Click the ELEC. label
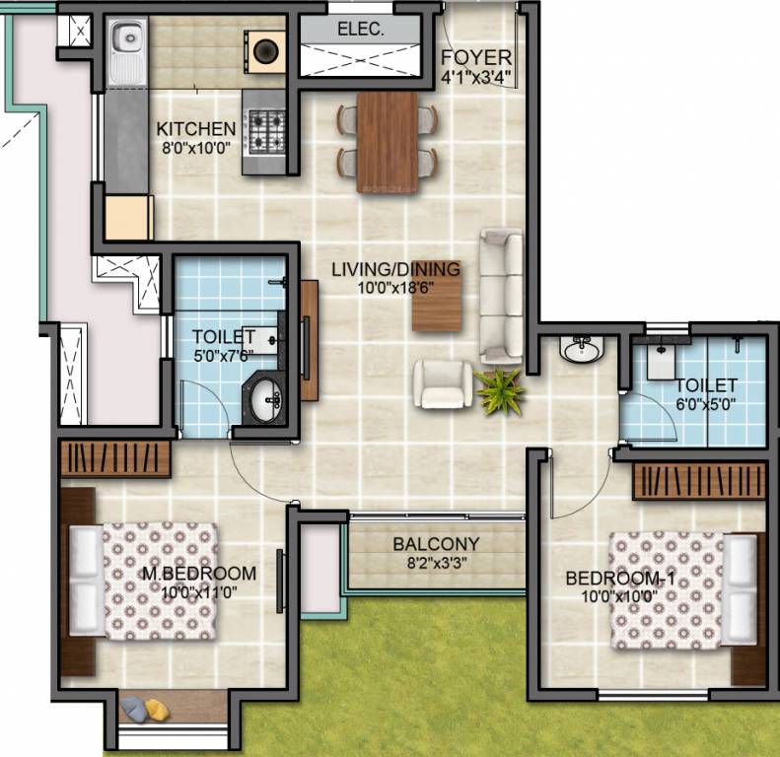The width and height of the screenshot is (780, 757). pos(361,29)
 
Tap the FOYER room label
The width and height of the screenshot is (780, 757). pos(476,58)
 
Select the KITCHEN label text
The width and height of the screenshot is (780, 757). pos(196,129)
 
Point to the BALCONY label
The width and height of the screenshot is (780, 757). pos(436,544)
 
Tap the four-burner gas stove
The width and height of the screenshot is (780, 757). pos(267,132)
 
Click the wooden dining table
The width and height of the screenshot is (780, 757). pos(387,142)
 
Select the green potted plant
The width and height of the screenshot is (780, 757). pos(500,391)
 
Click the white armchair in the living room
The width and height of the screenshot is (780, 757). pos(442,383)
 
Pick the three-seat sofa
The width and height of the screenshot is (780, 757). pos(501,296)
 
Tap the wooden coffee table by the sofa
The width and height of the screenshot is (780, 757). pos(437,296)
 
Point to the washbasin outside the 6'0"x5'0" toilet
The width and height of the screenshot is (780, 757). pos(582,349)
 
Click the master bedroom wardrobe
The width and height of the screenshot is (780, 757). pos(115,459)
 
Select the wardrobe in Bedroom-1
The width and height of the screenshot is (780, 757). pos(699,481)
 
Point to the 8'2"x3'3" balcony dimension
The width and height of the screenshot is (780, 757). pos(436,564)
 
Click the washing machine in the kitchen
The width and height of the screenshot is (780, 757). pos(265,50)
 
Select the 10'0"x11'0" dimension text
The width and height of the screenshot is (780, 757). pos(198,592)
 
